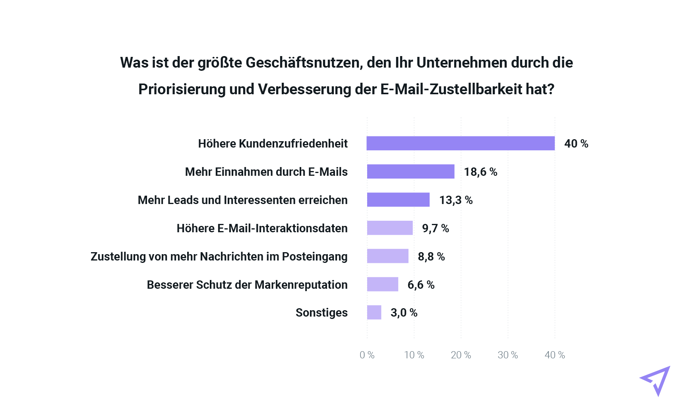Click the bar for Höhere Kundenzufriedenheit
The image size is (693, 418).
pyautogui.click(x=460, y=143)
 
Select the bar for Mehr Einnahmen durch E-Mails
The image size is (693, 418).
pyautogui.click(x=410, y=171)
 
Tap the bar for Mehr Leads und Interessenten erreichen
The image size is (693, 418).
pyautogui.click(x=398, y=200)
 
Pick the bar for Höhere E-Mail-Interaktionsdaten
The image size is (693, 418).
pyautogui.click(x=390, y=228)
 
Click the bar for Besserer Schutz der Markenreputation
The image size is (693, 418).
pyautogui.click(x=382, y=284)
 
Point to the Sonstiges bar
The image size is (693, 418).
pyautogui.click(x=374, y=312)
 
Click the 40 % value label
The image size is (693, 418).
pyautogui.click(x=576, y=144)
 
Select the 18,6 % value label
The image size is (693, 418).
pyautogui.click(x=480, y=172)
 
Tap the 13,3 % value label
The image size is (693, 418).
pyautogui.click(x=456, y=200)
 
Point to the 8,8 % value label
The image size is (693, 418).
pyautogui.click(x=431, y=257)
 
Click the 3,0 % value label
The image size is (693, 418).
pyautogui.click(x=404, y=313)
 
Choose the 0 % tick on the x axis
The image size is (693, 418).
pyautogui.click(x=367, y=355)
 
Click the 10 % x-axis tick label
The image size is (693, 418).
pyautogui.click(x=414, y=355)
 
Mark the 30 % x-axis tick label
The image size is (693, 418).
pyautogui.click(x=508, y=355)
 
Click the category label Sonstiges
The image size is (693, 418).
pyautogui.click(x=321, y=313)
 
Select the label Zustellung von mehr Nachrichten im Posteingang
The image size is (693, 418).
pyautogui.click(x=219, y=257)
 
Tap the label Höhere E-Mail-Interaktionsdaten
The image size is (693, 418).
pyautogui.click(x=262, y=228)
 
